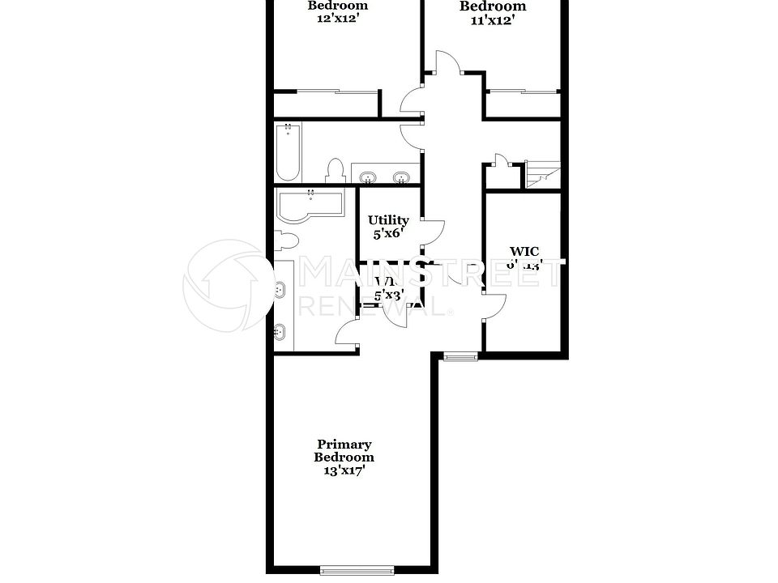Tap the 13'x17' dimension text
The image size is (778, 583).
[x=344, y=470]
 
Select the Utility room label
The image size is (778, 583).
[x=388, y=219]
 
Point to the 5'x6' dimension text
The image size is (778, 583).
[x=387, y=233]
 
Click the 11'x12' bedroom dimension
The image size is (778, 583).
[x=493, y=20]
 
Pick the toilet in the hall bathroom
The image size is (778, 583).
[x=335, y=170]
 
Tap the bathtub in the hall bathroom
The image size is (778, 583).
[x=288, y=152]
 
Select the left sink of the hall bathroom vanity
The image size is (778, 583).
[x=369, y=177]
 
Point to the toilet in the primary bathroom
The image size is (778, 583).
[x=286, y=240]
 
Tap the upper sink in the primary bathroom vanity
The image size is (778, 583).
[x=280, y=288]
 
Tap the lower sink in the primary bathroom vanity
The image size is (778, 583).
[x=280, y=330]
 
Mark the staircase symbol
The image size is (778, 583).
[x=541, y=174]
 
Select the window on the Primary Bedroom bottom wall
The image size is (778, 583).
[x=357, y=569]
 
